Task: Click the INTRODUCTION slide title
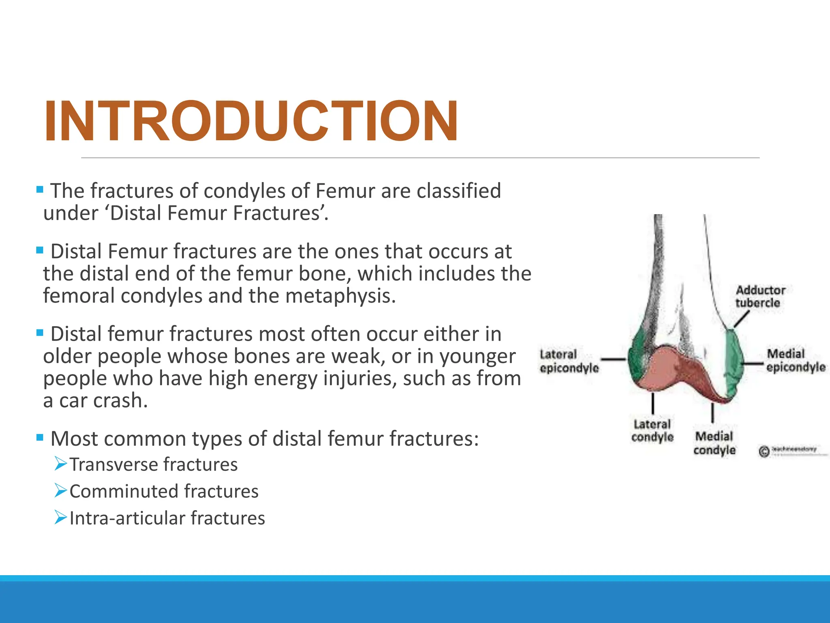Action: pos(251,121)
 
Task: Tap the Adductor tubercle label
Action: pos(760,296)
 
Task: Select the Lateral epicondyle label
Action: pos(569,361)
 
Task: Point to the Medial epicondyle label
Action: pos(795,360)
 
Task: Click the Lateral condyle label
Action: pos(652,431)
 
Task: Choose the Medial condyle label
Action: pos(714,443)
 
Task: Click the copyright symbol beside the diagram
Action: pos(764,451)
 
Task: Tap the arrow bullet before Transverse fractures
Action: pos(61,463)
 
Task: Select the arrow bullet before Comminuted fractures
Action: pos(61,490)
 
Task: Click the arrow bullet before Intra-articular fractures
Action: pos(61,517)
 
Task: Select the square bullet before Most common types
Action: pos(40,438)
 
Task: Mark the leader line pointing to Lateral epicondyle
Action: pos(613,359)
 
